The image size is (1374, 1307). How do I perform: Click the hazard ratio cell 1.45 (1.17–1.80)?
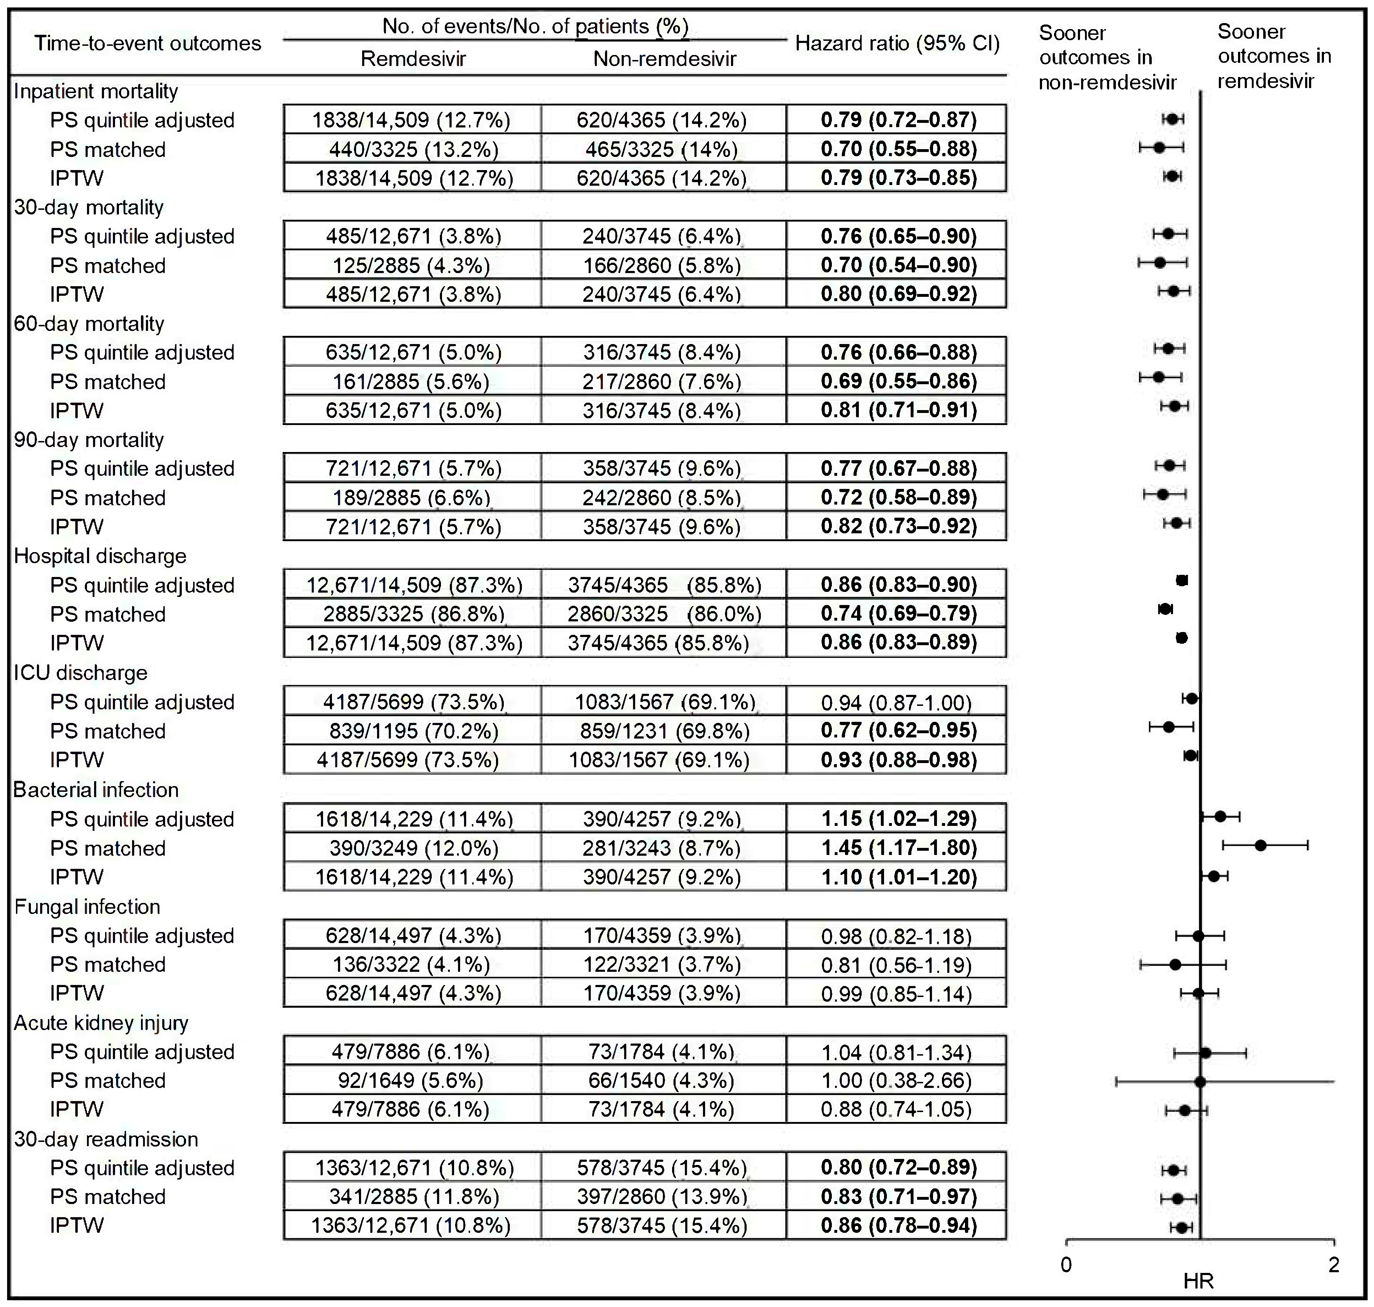pyautogui.click(x=898, y=848)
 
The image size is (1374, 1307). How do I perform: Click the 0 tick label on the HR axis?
pyautogui.click(x=1066, y=1264)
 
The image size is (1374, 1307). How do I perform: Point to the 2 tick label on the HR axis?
pyautogui.click(x=1334, y=1264)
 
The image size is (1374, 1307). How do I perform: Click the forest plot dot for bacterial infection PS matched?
pyautogui.click(x=1260, y=845)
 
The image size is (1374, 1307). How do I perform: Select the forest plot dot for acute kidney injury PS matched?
pyautogui.click(x=1200, y=1081)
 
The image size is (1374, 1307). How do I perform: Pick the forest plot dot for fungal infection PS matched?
pyautogui.click(x=1175, y=964)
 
